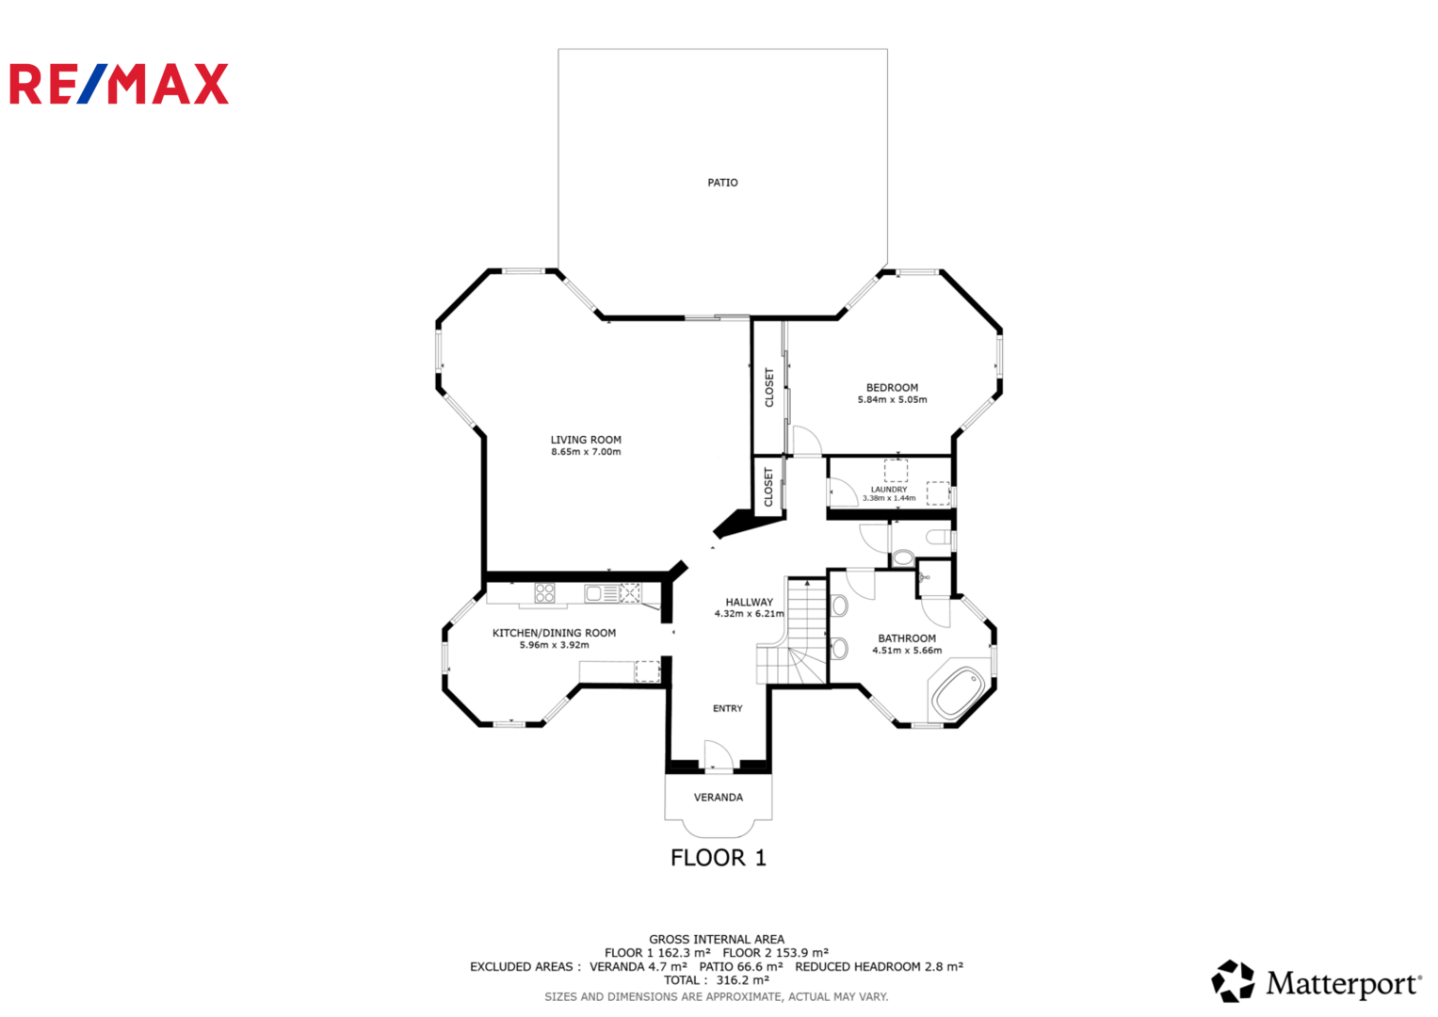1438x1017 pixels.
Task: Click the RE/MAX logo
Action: pyautogui.click(x=119, y=84)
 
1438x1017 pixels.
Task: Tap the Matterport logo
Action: pyautogui.click(x=1316, y=981)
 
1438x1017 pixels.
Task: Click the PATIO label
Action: pyautogui.click(x=722, y=183)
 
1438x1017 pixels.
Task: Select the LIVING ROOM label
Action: pyautogui.click(x=586, y=440)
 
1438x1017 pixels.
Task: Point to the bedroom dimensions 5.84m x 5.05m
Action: pyautogui.click(x=893, y=399)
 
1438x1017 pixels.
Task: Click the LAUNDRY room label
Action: pyautogui.click(x=889, y=490)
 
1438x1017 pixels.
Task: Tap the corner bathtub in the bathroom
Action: pyautogui.click(x=959, y=694)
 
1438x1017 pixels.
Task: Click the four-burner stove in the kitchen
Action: pyautogui.click(x=544, y=592)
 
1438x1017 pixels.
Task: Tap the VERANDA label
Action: pyautogui.click(x=719, y=798)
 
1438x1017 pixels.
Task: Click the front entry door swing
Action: pyautogui.click(x=719, y=754)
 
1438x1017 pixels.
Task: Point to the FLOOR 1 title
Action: pyautogui.click(x=719, y=858)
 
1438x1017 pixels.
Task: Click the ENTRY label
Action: pyautogui.click(x=727, y=708)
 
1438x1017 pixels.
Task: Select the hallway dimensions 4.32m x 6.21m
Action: pyautogui.click(x=750, y=614)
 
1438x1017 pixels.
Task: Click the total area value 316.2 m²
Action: pyautogui.click(x=743, y=980)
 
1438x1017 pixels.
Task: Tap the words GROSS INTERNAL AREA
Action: pyautogui.click(x=717, y=940)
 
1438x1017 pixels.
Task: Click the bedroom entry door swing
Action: pyautogui.click(x=808, y=441)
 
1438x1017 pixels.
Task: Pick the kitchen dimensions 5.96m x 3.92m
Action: pyautogui.click(x=554, y=645)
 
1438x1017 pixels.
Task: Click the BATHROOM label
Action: pyautogui.click(x=907, y=638)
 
